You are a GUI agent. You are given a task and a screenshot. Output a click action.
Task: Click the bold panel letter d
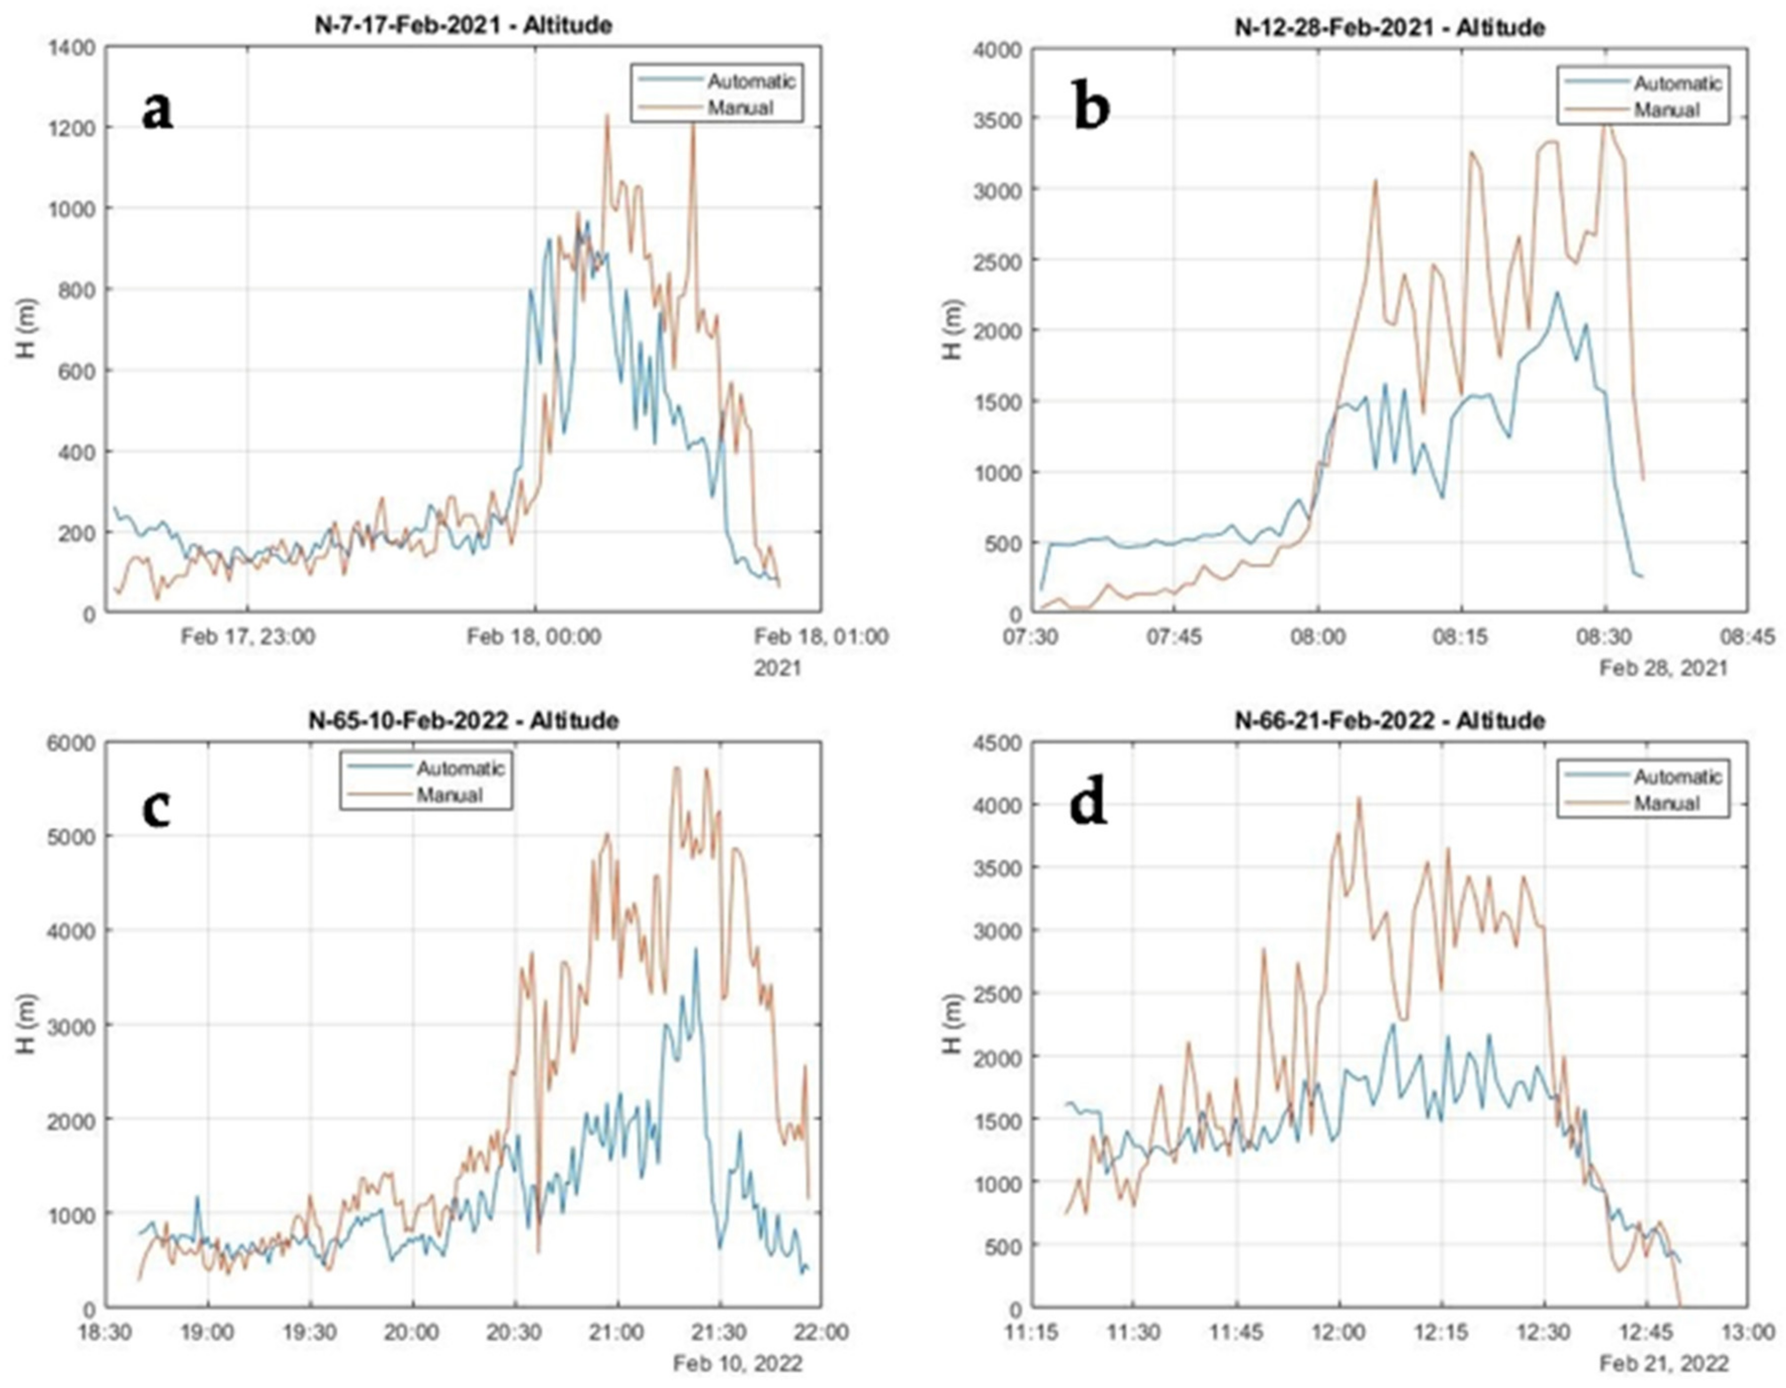(x=1089, y=804)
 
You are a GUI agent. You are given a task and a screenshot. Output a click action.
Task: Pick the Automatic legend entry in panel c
(x=461, y=768)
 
